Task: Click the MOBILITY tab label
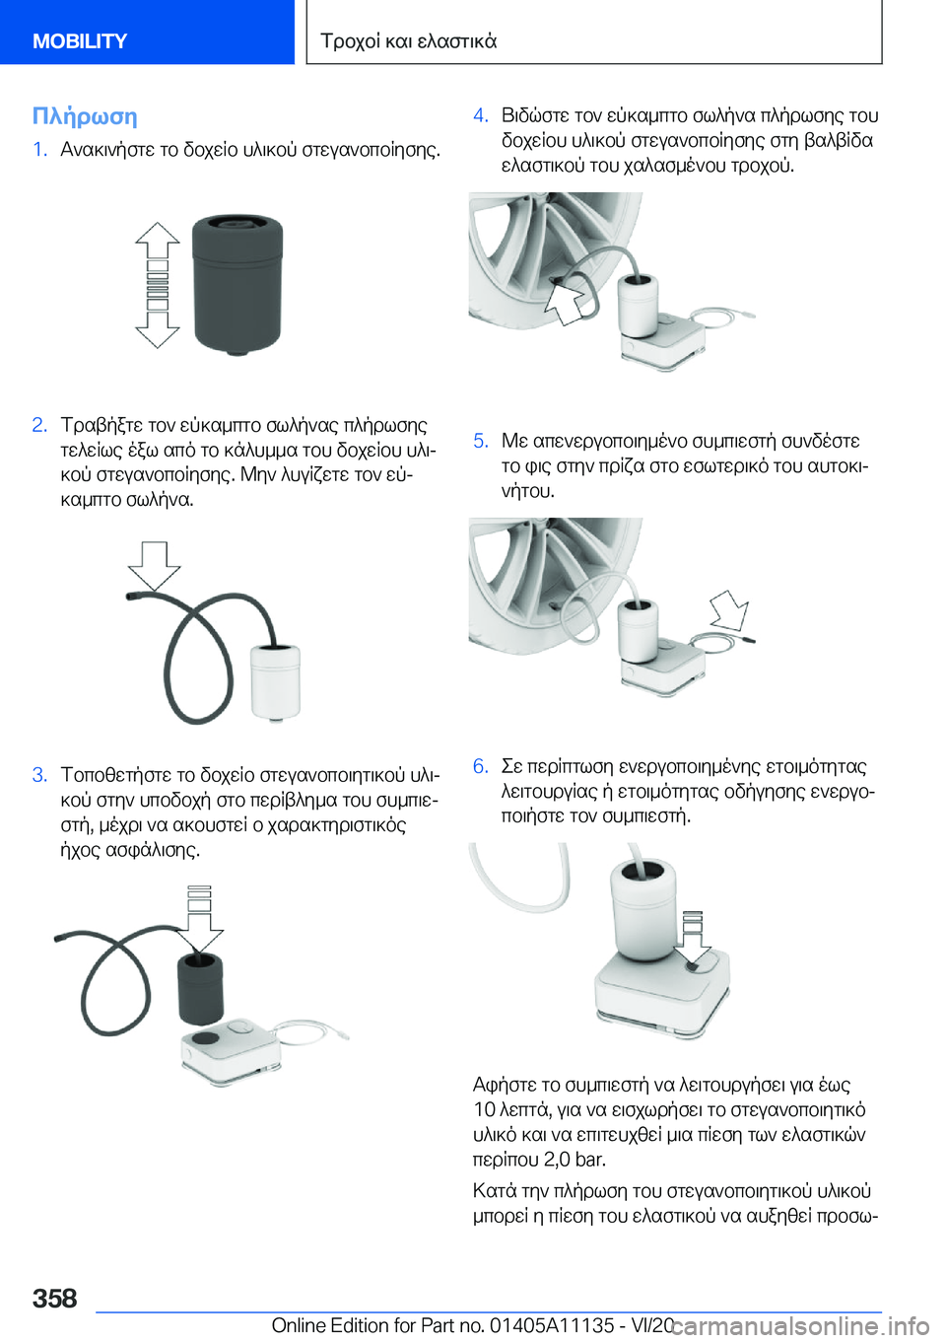(80, 40)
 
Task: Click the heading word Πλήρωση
(85, 116)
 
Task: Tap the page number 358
(54, 1298)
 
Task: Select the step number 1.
(39, 149)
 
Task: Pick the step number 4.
(481, 115)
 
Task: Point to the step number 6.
(481, 766)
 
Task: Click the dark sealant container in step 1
(237, 285)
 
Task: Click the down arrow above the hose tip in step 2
(154, 565)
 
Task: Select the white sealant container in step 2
(275, 682)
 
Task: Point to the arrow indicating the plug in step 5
(729, 609)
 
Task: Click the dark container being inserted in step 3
(200, 988)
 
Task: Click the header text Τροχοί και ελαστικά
(409, 40)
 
